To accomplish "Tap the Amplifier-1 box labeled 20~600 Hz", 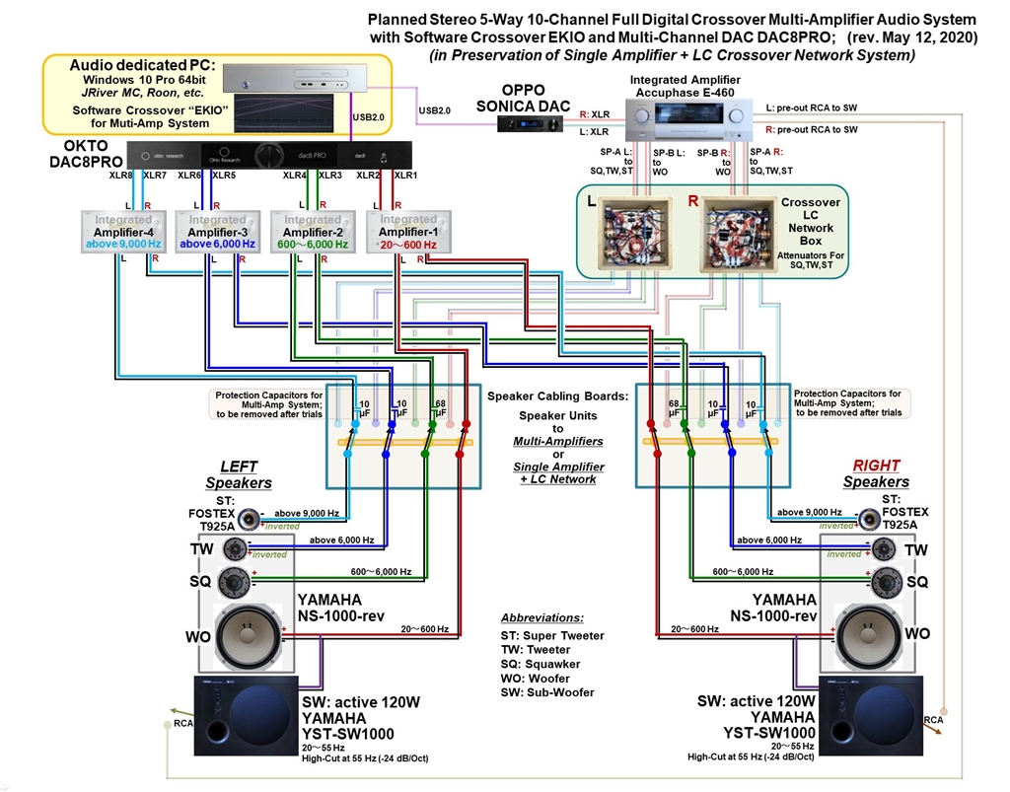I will click(x=403, y=232).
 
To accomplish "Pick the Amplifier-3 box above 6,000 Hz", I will click(x=217, y=232).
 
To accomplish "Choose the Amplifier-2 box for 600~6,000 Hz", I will click(x=312, y=232).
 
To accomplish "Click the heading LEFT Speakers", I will click(x=239, y=473).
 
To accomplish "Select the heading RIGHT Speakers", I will click(x=876, y=473).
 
